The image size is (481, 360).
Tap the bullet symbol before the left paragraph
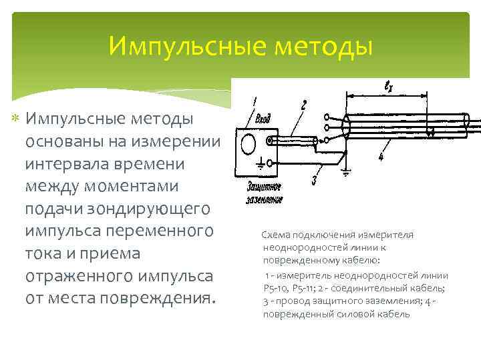(16, 119)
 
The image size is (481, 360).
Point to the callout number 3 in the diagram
(314, 179)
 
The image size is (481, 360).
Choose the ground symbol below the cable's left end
(345, 171)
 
